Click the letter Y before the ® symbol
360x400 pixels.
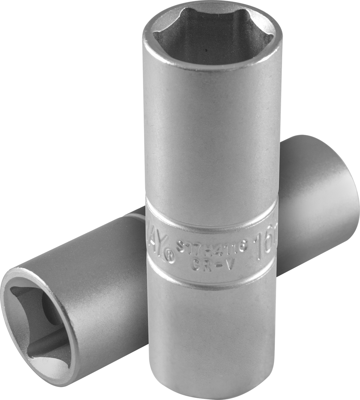pos(161,248)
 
